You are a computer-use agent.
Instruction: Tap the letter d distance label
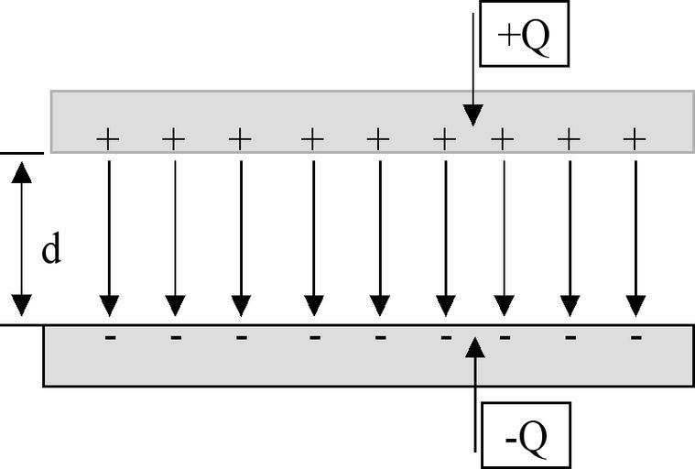point(51,250)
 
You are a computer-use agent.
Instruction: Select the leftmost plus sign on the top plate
point(108,139)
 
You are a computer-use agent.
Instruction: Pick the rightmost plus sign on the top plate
point(635,139)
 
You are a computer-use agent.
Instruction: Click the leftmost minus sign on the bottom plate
point(110,337)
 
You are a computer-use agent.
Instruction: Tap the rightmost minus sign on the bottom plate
point(635,337)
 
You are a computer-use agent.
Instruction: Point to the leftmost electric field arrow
point(109,238)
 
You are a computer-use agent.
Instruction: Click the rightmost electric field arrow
point(635,238)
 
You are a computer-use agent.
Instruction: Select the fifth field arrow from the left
point(379,238)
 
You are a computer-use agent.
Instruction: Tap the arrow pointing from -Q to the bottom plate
point(473,394)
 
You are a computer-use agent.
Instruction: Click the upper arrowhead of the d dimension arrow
point(22,170)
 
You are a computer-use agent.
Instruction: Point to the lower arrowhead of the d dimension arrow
point(22,305)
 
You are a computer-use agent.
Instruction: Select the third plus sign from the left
point(240,139)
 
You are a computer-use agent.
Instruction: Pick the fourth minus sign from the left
point(314,337)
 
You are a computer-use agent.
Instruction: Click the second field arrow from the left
point(175,238)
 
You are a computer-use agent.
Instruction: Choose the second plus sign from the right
point(569,139)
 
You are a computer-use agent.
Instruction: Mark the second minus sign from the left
point(176,337)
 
